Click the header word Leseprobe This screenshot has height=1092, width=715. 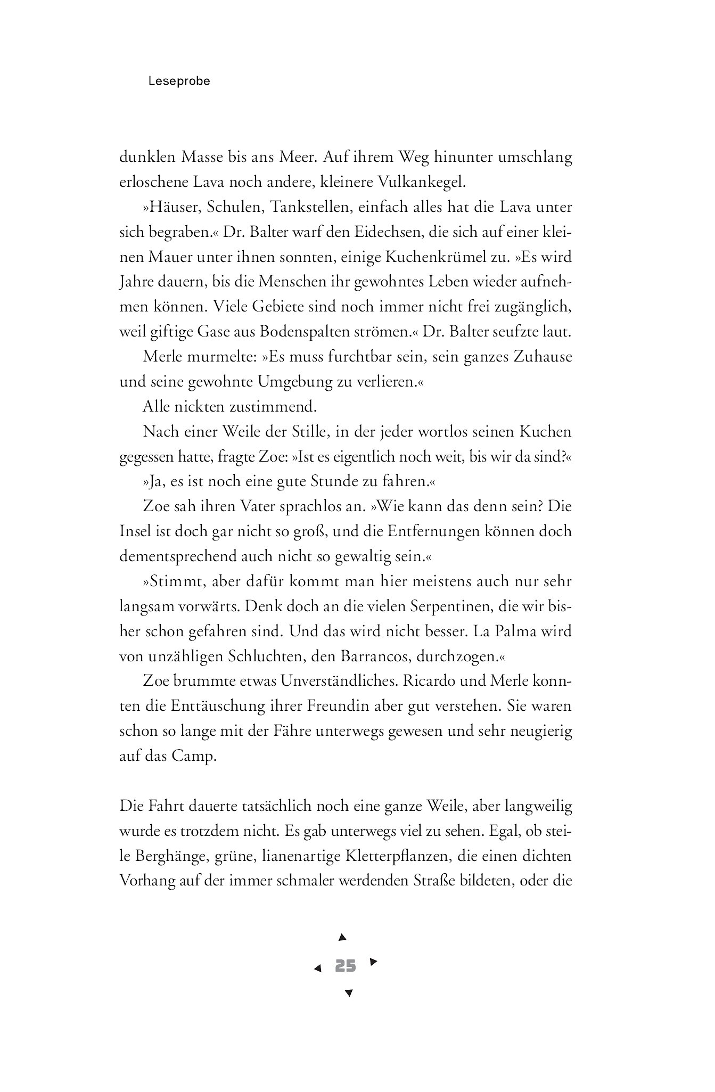pos(179,81)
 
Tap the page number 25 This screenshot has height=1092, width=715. pos(346,966)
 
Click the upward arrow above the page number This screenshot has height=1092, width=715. pos(343,937)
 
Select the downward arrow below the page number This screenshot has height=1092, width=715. pos(349,992)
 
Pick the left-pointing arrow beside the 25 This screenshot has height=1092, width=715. pos(318,968)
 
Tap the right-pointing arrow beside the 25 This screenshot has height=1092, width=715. pos(373,962)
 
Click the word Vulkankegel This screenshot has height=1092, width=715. pos(421,182)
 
